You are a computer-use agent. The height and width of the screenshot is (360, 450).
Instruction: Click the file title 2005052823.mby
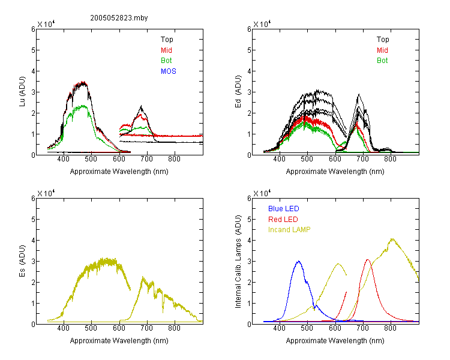(119, 18)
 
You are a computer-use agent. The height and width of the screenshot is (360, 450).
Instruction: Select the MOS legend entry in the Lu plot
(169, 71)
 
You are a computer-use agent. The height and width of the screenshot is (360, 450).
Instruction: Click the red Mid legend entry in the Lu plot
(166, 50)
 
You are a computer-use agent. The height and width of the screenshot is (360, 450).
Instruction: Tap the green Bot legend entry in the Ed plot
(382, 61)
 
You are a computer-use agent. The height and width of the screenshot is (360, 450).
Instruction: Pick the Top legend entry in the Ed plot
(383, 40)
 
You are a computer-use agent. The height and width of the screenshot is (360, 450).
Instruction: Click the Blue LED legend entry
(284, 209)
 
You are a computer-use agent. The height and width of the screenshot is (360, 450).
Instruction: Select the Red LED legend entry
(283, 220)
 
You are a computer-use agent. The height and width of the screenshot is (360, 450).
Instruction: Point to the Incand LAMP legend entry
(289, 230)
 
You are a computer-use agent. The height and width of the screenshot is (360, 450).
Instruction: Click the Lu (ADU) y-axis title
(22, 92)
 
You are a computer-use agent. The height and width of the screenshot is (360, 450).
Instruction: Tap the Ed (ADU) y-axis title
(238, 92)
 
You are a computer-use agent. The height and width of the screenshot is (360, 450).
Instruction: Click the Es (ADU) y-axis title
(22, 261)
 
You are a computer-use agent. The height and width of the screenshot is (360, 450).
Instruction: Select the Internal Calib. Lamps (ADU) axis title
(238, 262)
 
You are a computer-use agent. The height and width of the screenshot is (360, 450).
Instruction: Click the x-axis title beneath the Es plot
(119, 341)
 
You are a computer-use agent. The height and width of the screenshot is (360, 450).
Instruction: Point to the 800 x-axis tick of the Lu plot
(174, 159)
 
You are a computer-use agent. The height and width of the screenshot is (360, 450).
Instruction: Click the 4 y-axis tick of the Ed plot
(249, 71)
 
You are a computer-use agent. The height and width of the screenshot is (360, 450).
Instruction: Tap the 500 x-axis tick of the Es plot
(91, 328)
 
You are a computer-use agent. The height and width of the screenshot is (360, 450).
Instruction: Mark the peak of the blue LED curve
(299, 261)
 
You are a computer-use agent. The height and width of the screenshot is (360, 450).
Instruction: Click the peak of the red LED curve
(368, 260)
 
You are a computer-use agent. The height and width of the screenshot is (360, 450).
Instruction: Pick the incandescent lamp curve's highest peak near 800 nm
(392, 239)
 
